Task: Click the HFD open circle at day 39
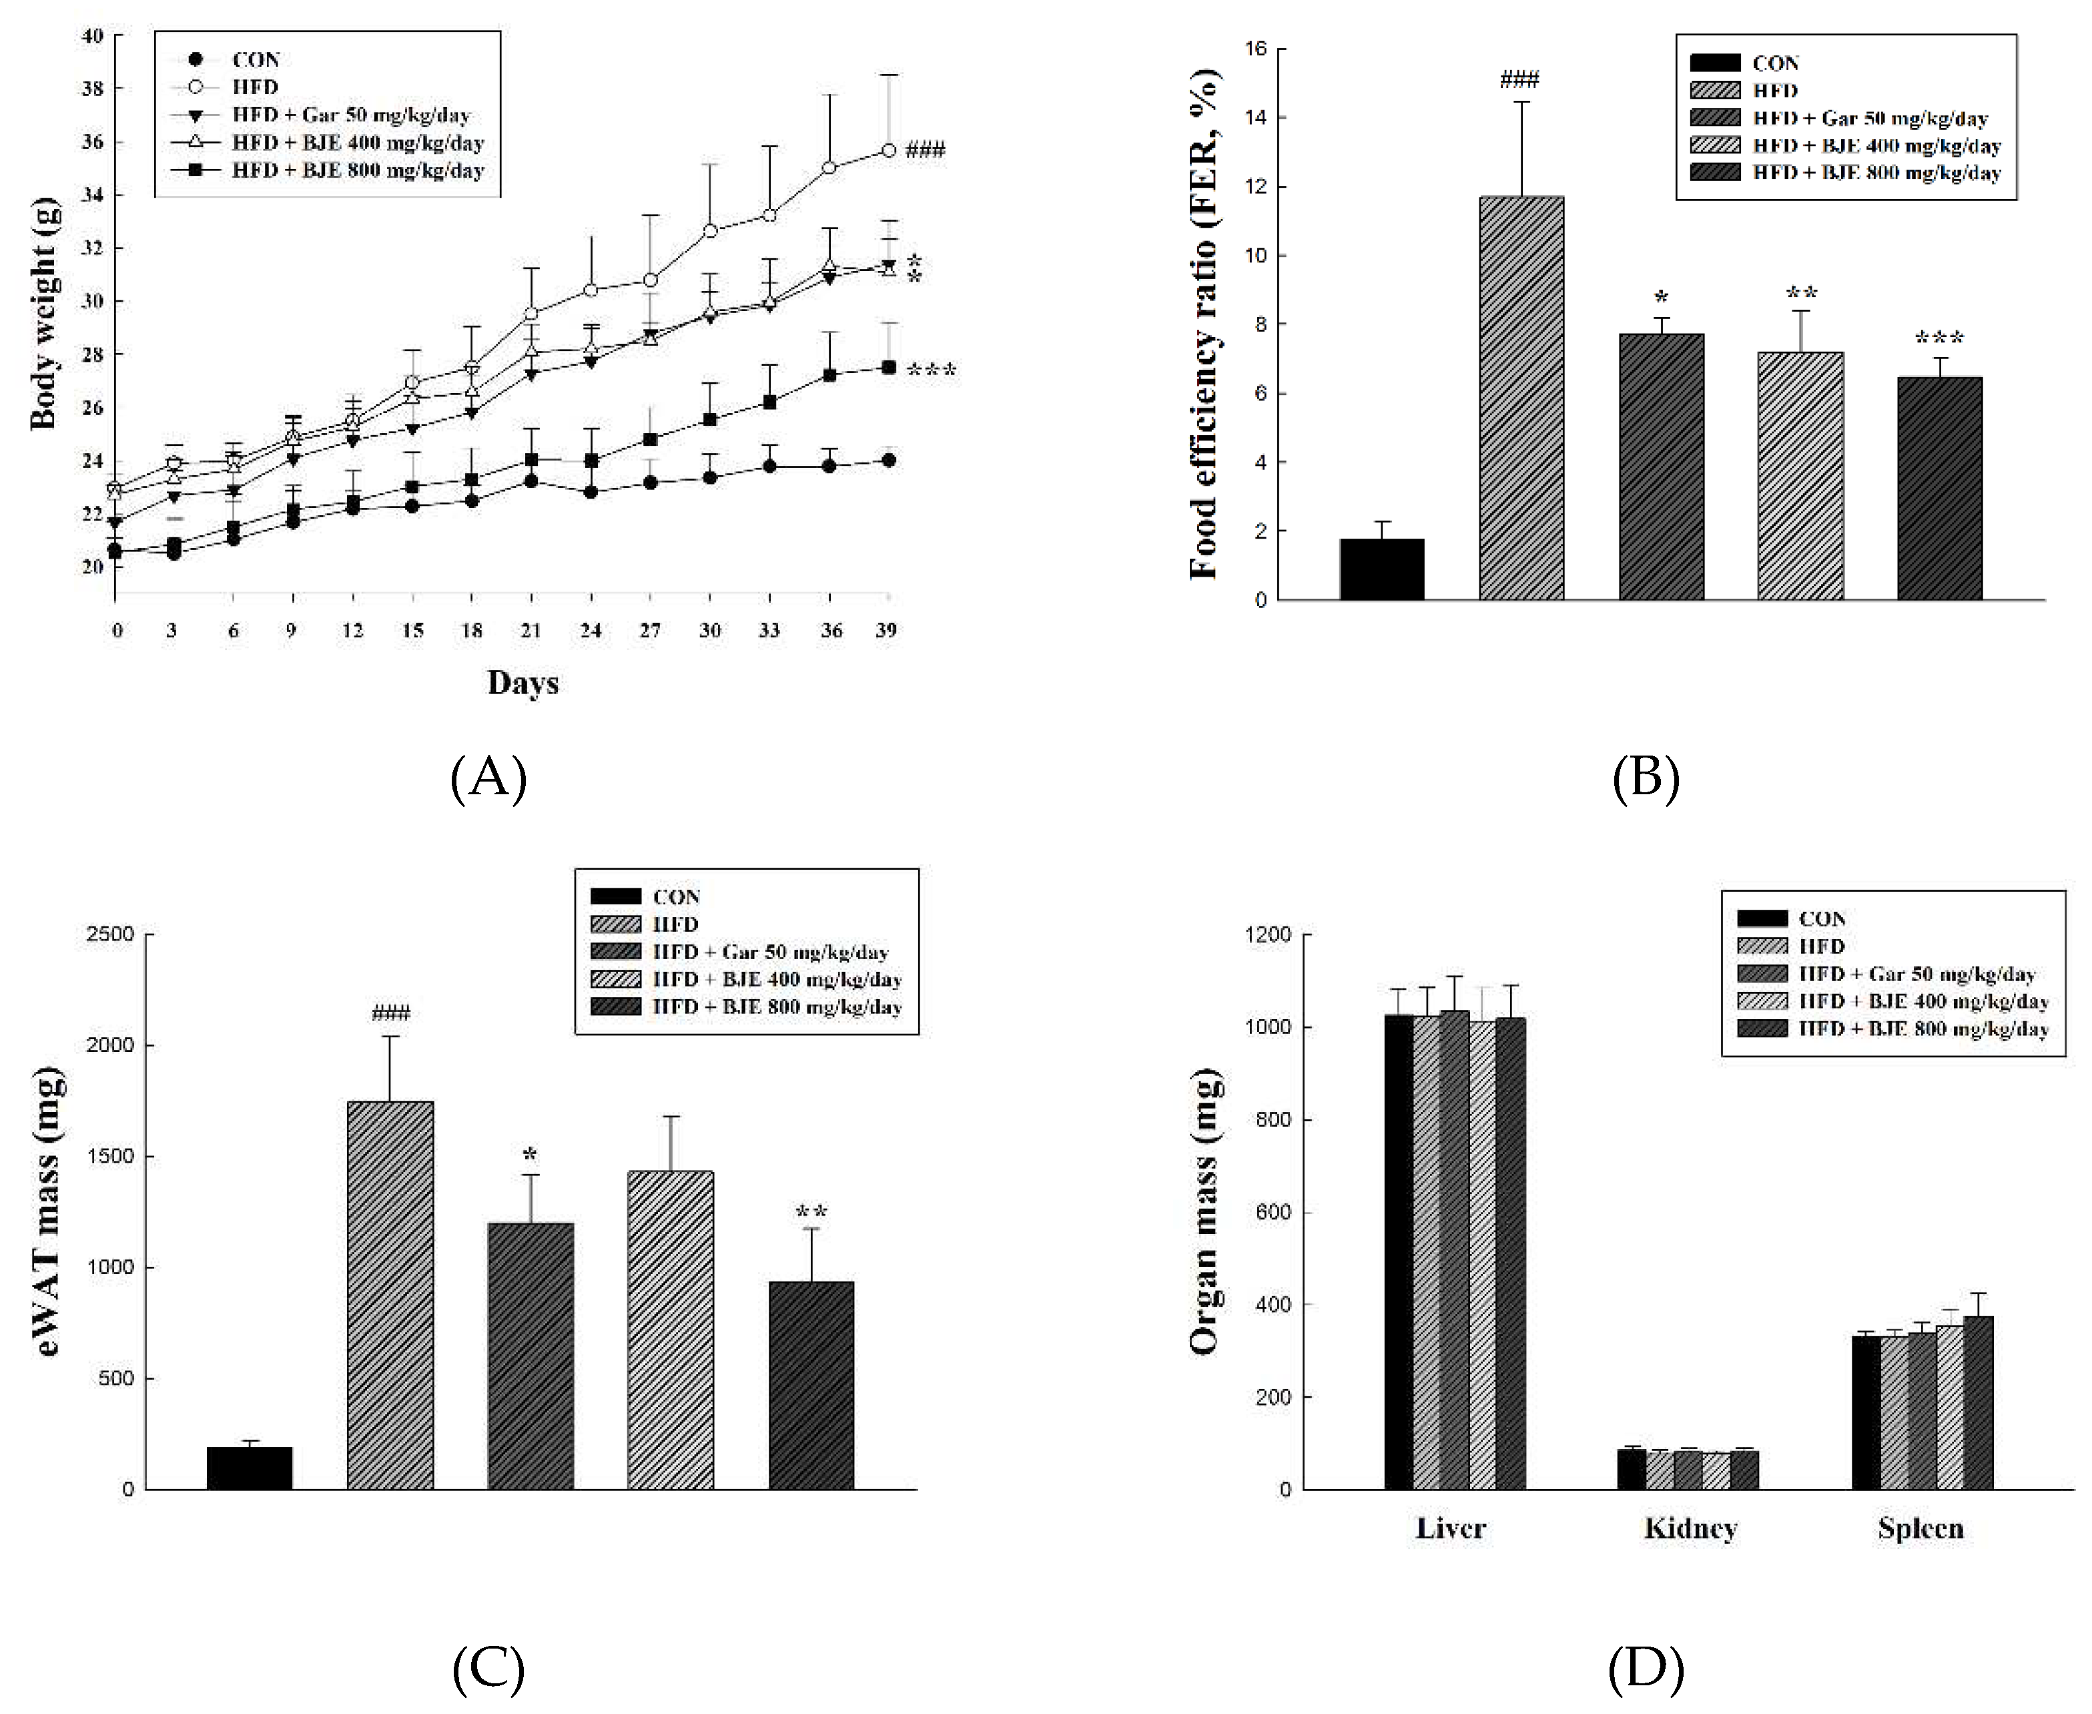[889, 150]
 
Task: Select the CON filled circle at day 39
[889, 460]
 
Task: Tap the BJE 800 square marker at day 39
[889, 367]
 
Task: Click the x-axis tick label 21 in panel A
[531, 630]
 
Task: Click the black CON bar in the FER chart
[1381, 570]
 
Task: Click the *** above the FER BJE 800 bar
[1939, 338]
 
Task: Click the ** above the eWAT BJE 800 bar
[811, 1211]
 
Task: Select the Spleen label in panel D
[1921, 1528]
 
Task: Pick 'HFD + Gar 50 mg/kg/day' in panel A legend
[350, 115]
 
